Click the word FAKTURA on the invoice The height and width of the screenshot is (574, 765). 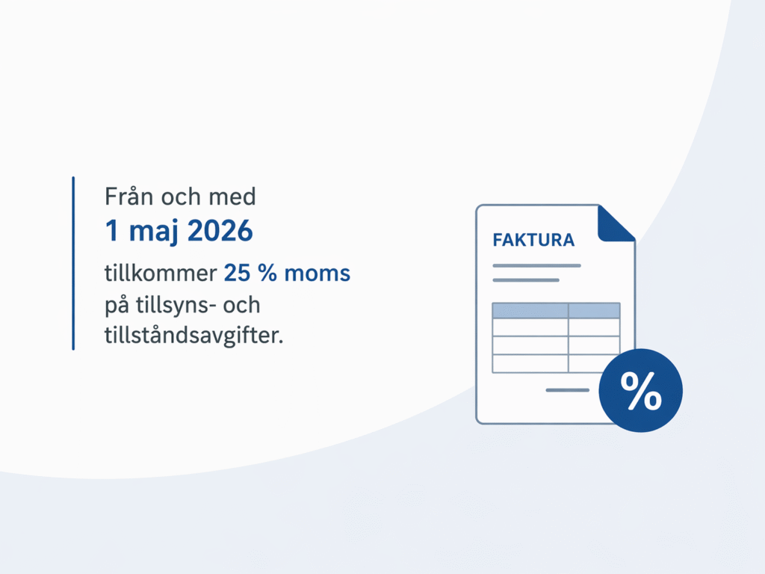click(x=533, y=241)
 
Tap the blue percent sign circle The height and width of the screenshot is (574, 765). click(x=641, y=391)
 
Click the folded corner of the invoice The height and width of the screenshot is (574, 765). click(x=615, y=223)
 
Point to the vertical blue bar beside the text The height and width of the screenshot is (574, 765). click(x=73, y=263)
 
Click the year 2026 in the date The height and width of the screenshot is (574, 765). click(x=220, y=232)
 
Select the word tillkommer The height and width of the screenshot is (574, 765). click(x=160, y=274)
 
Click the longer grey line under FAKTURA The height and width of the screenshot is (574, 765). click(x=536, y=265)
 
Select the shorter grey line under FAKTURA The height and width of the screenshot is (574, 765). click(x=526, y=280)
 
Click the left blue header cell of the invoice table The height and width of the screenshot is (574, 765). click(x=530, y=310)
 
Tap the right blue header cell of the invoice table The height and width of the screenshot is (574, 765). click(x=594, y=310)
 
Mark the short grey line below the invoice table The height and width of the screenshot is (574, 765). click(x=567, y=390)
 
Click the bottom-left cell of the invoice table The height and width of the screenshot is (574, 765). click(x=530, y=363)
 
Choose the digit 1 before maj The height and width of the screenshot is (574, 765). click(x=112, y=232)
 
